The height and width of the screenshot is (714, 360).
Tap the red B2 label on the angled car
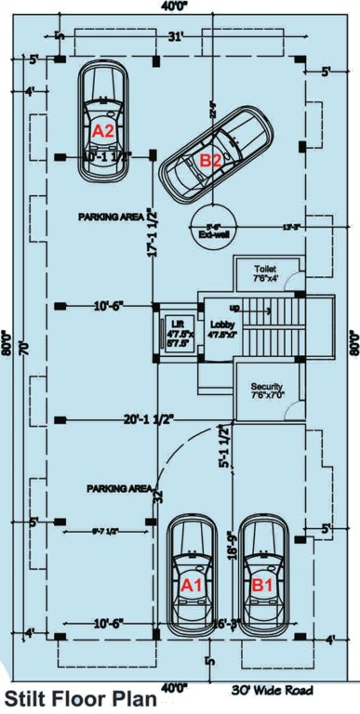click(x=211, y=160)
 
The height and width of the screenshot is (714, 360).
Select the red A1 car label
click(x=191, y=586)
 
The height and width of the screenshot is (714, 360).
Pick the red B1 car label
click(x=262, y=586)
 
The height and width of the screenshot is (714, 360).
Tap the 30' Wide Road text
click(x=272, y=690)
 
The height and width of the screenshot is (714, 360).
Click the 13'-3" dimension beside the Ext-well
click(x=293, y=226)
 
